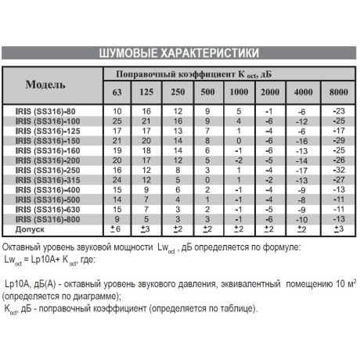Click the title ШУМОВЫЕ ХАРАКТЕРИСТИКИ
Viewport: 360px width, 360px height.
pos(179,54)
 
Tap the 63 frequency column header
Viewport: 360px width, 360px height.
pos(117,92)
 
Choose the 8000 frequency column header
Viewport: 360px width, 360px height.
pos(339,92)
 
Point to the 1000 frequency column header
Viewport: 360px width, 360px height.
pos(239,92)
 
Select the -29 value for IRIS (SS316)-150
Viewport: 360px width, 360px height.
pos(339,140)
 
